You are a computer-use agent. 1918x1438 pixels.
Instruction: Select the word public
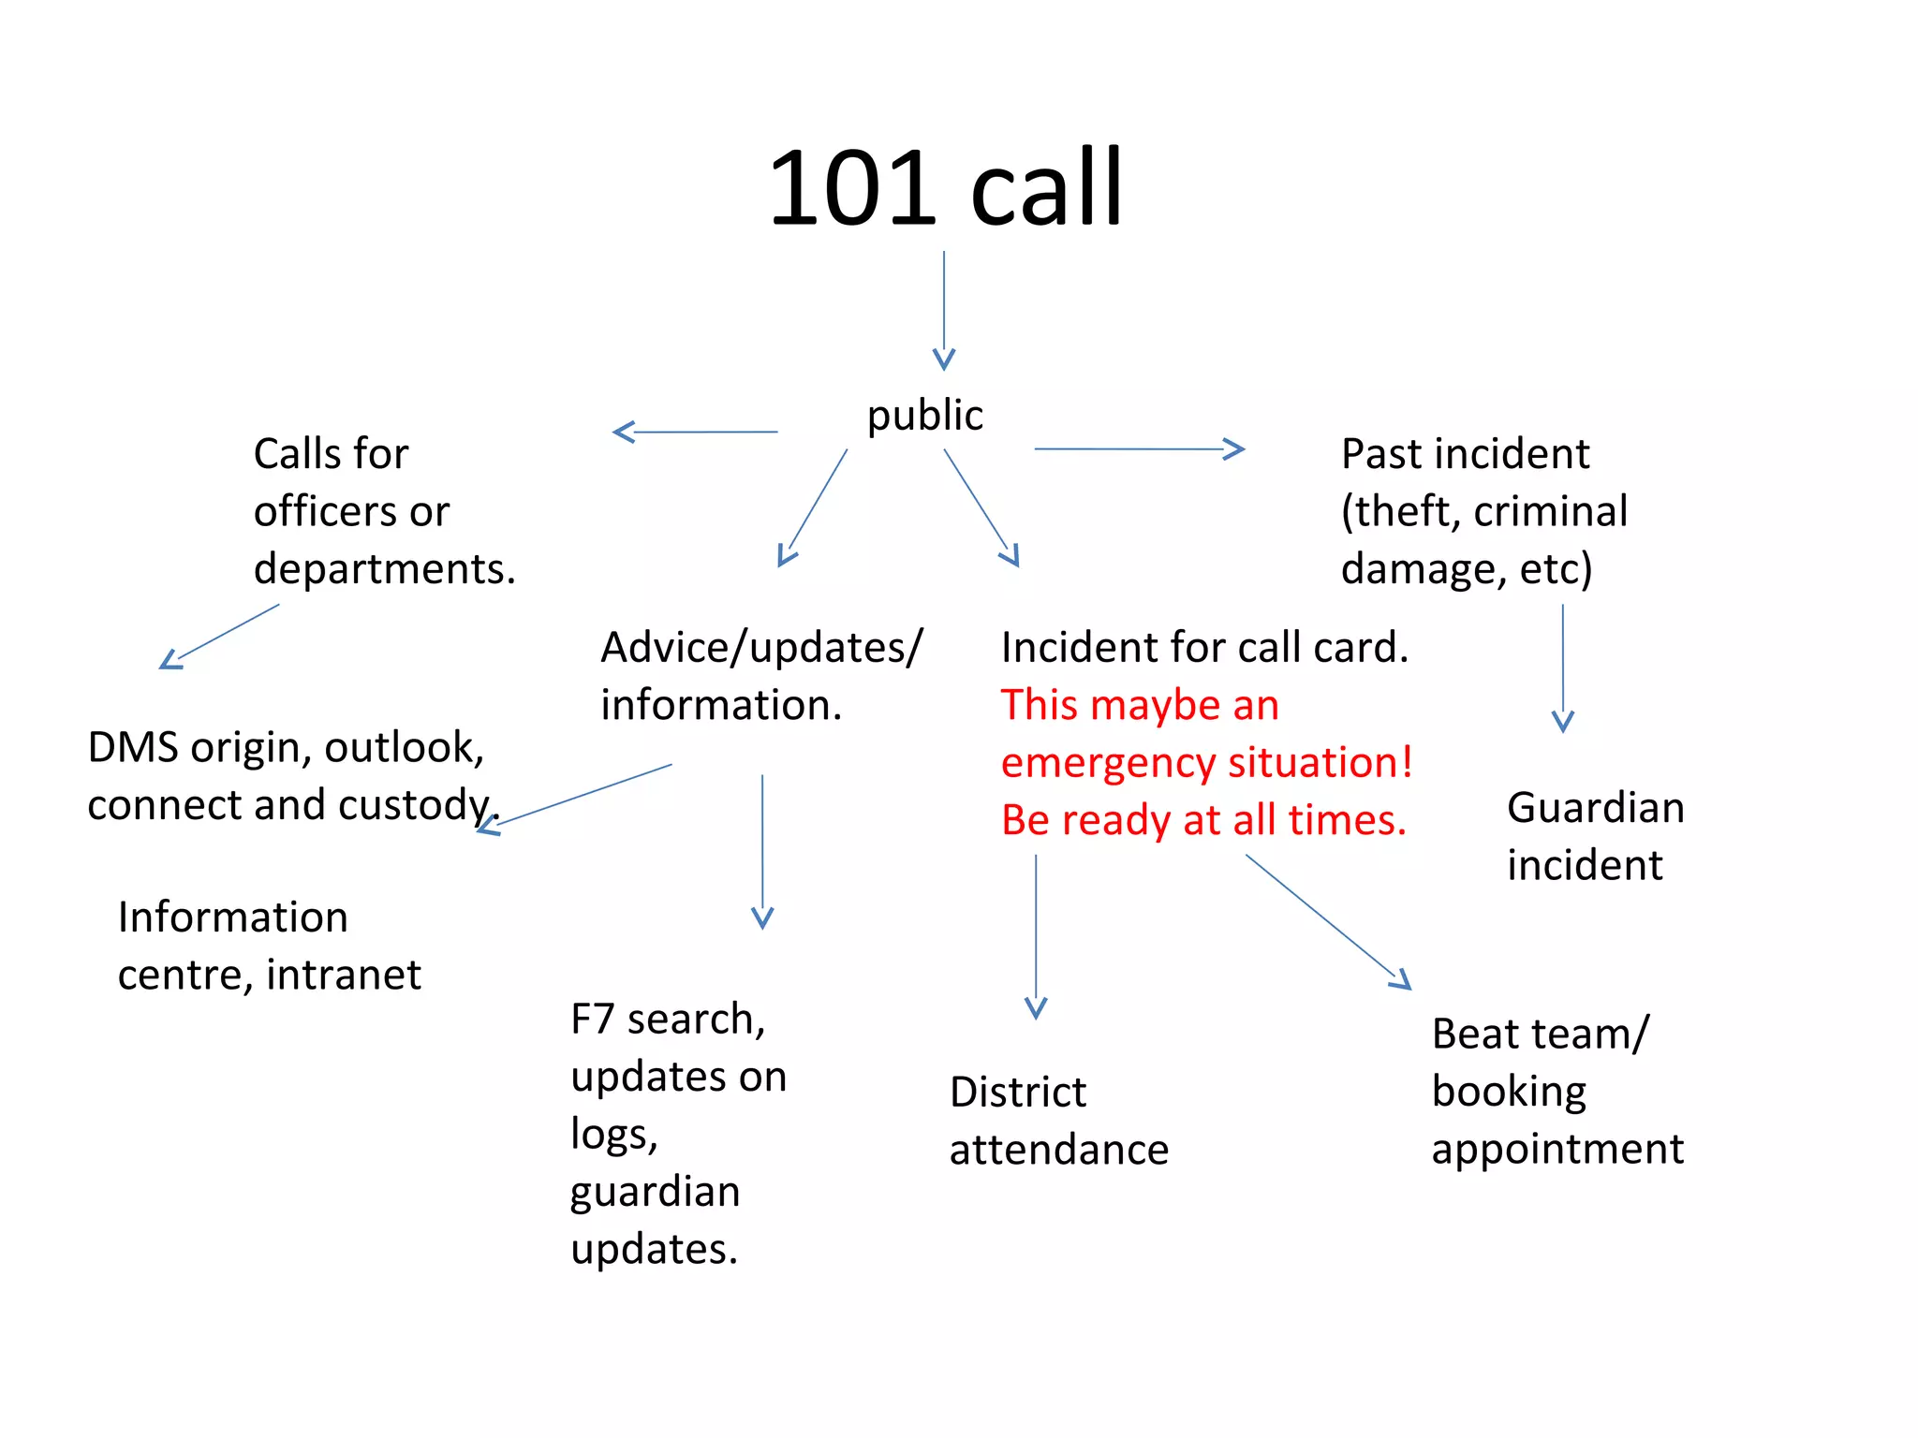coord(924,416)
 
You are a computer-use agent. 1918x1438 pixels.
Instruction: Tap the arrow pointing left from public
coord(694,432)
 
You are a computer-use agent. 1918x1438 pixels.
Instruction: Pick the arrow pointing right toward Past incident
coord(1139,449)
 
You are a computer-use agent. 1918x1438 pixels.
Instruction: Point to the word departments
coord(384,569)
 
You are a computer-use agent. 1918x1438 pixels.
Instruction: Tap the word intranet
coord(344,976)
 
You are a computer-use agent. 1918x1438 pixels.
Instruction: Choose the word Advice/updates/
coord(761,648)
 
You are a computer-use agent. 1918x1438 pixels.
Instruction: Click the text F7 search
coord(667,1020)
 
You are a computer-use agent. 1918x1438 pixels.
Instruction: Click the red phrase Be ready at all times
coord(1203,821)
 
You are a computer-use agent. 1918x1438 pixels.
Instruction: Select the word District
coord(1017,1093)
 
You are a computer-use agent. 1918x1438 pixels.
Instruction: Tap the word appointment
coord(1557,1150)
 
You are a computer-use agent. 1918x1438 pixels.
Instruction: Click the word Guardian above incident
coord(1595,808)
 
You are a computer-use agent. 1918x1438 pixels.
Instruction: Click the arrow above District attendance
coord(1036,936)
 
